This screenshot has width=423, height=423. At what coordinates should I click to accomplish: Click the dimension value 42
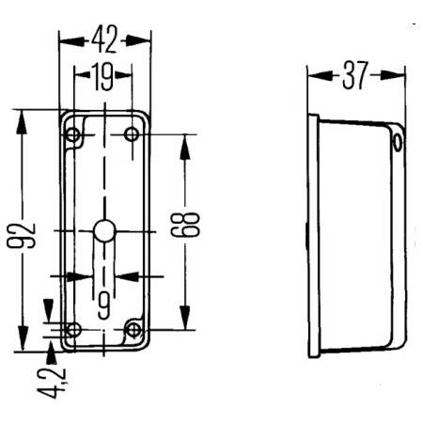pos(104,39)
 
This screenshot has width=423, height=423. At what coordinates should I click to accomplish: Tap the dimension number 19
pos(102,76)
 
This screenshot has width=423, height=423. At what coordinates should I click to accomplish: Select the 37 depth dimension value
pos(355,75)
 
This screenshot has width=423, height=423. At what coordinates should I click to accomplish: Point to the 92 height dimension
pos(22,236)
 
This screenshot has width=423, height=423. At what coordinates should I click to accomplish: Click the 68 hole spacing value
pos(185,225)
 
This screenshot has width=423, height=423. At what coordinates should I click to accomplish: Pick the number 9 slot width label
pos(103,305)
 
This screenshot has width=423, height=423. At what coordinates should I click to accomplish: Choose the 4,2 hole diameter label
pos(52,383)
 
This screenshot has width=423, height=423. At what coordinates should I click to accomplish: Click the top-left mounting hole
pos(73,135)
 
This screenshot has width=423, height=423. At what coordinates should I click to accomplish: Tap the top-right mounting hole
pos(132,134)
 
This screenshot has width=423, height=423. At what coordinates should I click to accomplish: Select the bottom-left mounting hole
pos(73,330)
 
